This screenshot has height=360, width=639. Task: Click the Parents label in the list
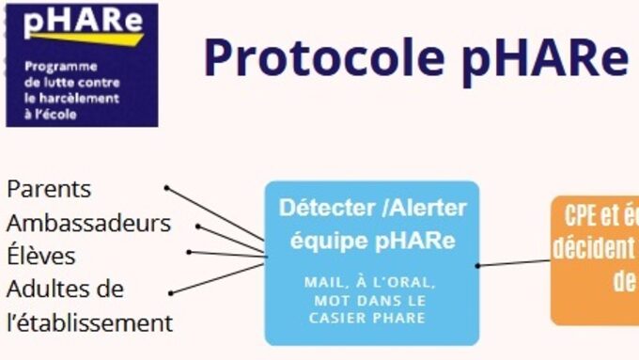pos(49,189)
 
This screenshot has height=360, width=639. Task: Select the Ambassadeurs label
pos(88,223)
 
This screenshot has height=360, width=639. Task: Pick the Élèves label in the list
pos(41,256)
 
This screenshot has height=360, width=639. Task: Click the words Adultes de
pos(65,289)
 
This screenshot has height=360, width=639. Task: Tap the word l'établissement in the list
pos(90,322)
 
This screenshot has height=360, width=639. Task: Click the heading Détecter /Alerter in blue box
pos(372,208)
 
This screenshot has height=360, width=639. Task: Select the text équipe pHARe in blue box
pos(372,241)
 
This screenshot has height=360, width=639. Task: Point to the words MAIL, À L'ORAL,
pos(372,282)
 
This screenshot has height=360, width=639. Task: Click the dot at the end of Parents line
pos(166,188)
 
